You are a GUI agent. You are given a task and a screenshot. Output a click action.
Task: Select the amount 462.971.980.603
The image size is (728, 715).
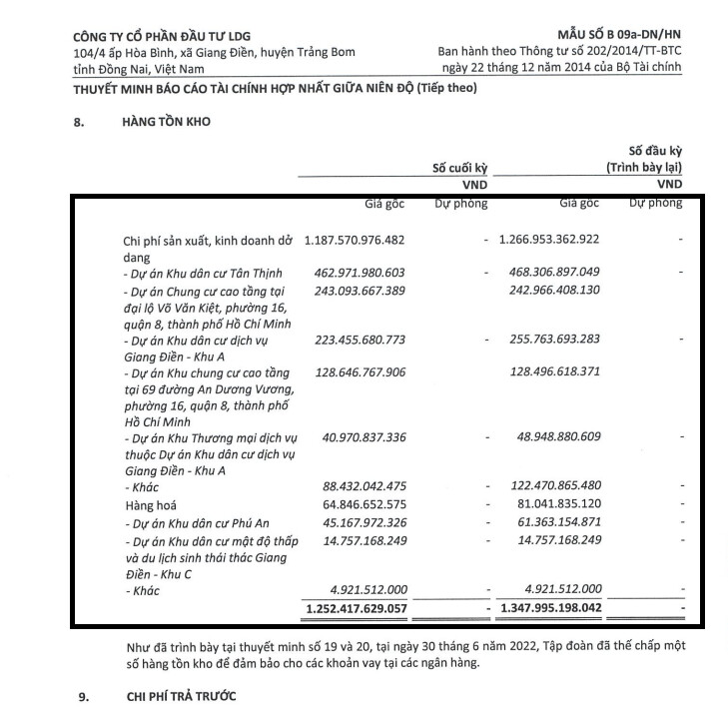pyautogui.click(x=358, y=272)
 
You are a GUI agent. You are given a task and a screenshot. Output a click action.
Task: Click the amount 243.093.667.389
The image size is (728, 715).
pyautogui.click(x=358, y=290)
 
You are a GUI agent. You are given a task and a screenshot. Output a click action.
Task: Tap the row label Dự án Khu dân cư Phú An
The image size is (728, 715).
pyautogui.click(x=187, y=523)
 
